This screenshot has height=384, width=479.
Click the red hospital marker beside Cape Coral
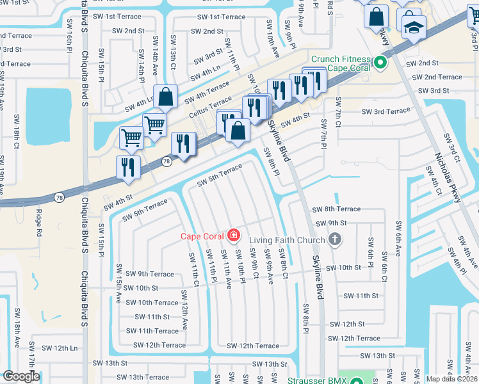tap(233, 236)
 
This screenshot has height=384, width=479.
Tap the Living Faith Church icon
tap(333, 239)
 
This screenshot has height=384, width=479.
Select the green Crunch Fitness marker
tap(380, 63)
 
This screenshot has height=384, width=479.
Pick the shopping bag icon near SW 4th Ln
tap(165, 98)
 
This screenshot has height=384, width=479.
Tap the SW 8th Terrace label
tap(336, 209)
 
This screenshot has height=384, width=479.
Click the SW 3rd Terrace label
tap(386, 111)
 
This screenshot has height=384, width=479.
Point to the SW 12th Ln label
tap(56, 348)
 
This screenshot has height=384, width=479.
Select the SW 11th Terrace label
tap(152, 331)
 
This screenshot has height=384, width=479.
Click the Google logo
tap(21, 376)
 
